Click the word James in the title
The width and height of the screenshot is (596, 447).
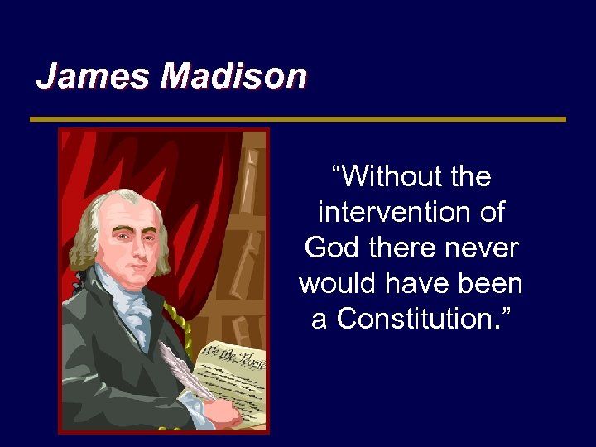(x=94, y=76)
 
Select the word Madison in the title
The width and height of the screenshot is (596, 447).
(x=233, y=76)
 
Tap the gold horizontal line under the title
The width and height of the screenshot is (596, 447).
(x=298, y=119)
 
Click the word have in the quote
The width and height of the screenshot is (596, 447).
(x=421, y=283)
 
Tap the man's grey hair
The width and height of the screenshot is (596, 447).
(x=91, y=232)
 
